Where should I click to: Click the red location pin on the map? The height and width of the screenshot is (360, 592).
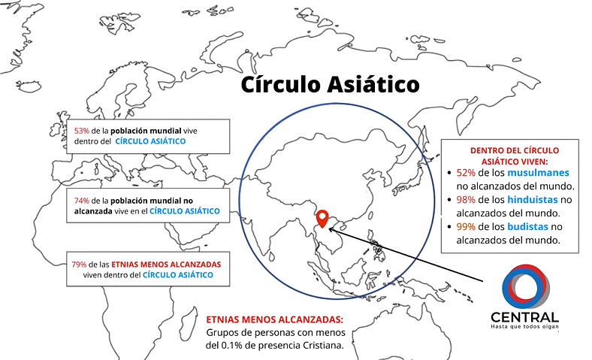[322, 219]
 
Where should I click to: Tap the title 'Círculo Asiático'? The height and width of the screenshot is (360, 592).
[330, 84]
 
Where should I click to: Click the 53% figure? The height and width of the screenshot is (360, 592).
[82, 131]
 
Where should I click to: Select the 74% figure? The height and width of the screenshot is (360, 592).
[82, 201]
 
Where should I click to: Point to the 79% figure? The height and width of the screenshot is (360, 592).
[79, 265]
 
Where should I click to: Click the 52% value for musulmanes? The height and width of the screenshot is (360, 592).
[466, 173]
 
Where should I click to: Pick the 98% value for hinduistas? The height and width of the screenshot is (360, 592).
[466, 199]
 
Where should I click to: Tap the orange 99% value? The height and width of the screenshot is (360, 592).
[466, 227]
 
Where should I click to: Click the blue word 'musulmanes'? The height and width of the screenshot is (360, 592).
[538, 173]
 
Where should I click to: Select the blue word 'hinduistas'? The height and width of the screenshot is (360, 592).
[533, 199]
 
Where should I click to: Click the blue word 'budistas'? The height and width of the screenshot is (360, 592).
[527, 227]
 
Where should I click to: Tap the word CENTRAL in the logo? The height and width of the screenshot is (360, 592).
[525, 317]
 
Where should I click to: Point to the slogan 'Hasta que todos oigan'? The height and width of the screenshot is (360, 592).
[525, 326]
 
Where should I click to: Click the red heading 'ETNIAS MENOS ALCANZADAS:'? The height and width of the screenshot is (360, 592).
[274, 319]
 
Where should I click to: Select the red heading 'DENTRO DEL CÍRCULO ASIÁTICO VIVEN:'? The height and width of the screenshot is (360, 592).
[514, 156]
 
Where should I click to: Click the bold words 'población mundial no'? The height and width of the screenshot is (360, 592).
[152, 201]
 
